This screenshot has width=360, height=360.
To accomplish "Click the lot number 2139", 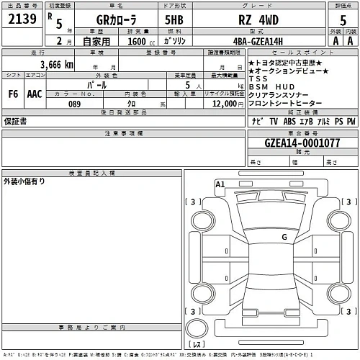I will click(21, 22).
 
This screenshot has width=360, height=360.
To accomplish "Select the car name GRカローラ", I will click(99, 22).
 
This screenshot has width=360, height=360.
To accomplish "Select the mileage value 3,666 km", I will click(48, 65).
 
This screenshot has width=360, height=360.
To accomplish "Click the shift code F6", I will click(13, 94).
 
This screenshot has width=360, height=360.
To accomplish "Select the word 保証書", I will click(17, 122).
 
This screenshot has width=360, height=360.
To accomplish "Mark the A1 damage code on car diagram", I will click(220, 185).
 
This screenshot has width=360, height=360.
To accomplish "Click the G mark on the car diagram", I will click(284, 236).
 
